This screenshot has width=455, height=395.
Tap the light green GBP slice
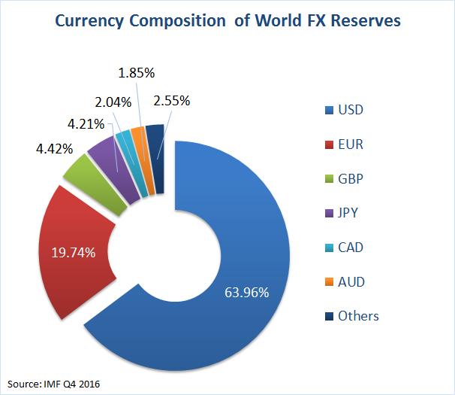pyautogui.click(x=79, y=171)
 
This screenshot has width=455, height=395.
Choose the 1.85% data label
pyautogui.click(x=137, y=74)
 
